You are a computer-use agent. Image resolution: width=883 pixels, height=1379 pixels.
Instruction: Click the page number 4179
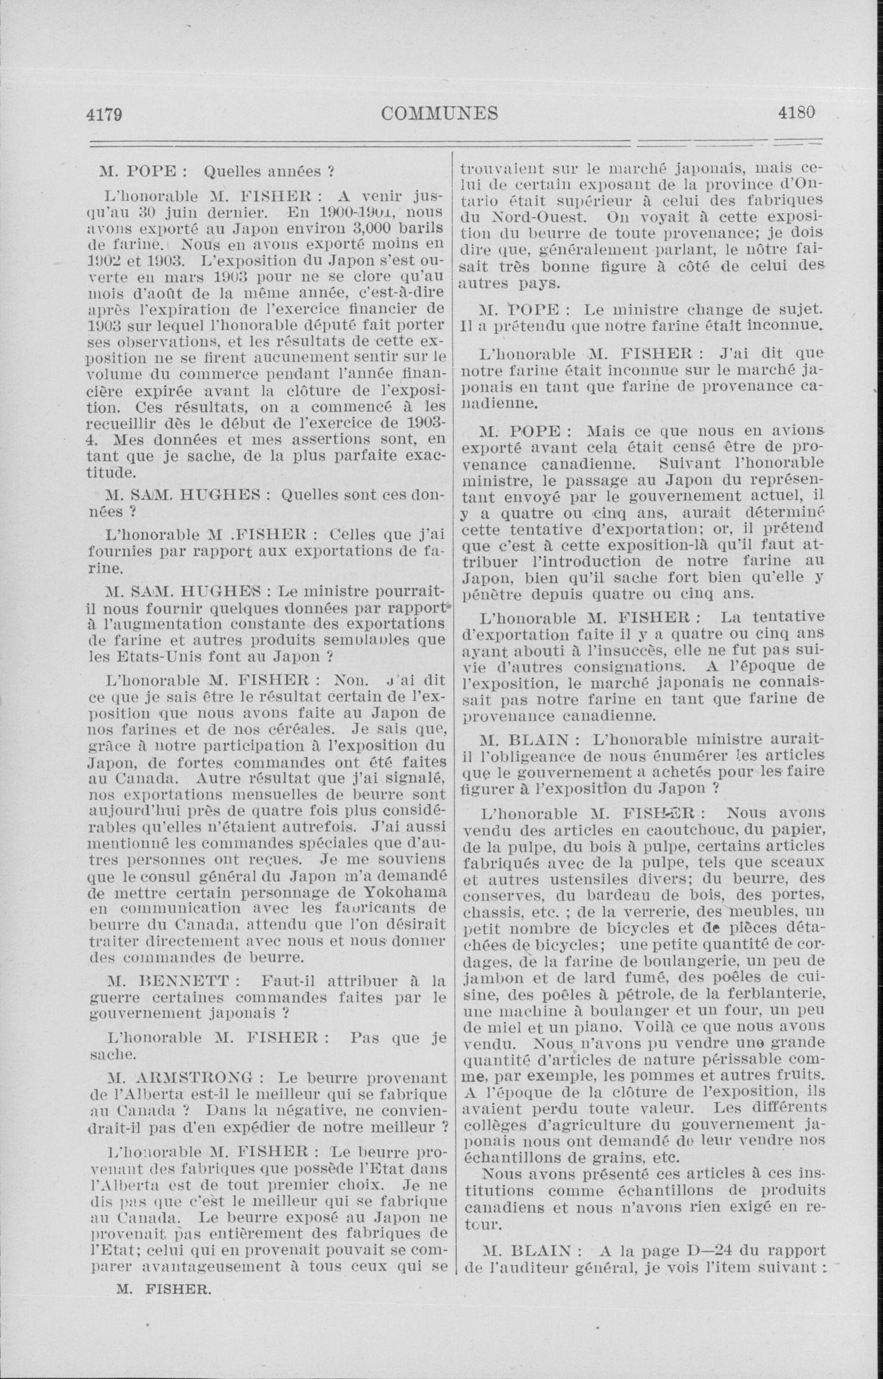[104, 113]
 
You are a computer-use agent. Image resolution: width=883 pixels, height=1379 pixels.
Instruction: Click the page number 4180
[796, 113]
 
